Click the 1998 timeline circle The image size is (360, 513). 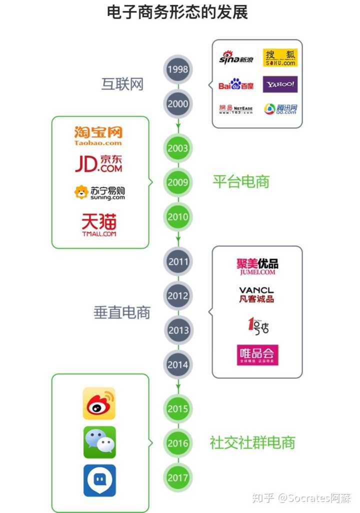[178, 69]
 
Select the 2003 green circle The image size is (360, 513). [178, 148]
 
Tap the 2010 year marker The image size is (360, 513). [178, 217]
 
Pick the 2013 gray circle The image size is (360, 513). [178, 330]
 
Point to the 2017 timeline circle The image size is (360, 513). [178, 477]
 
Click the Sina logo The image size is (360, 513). [236, 58]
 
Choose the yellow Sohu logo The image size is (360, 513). [280, 58]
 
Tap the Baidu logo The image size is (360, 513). [236, 84]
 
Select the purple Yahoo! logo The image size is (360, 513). [280, 84]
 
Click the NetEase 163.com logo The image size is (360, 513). [236, 109]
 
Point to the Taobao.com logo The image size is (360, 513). [98, 135]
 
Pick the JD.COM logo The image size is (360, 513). [98, 163]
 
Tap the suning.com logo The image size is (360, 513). [99, 192]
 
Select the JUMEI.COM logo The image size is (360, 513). [257, 266]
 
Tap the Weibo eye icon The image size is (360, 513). [99, 403]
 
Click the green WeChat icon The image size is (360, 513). [99, 442]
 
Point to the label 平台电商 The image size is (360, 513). [241, 181]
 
